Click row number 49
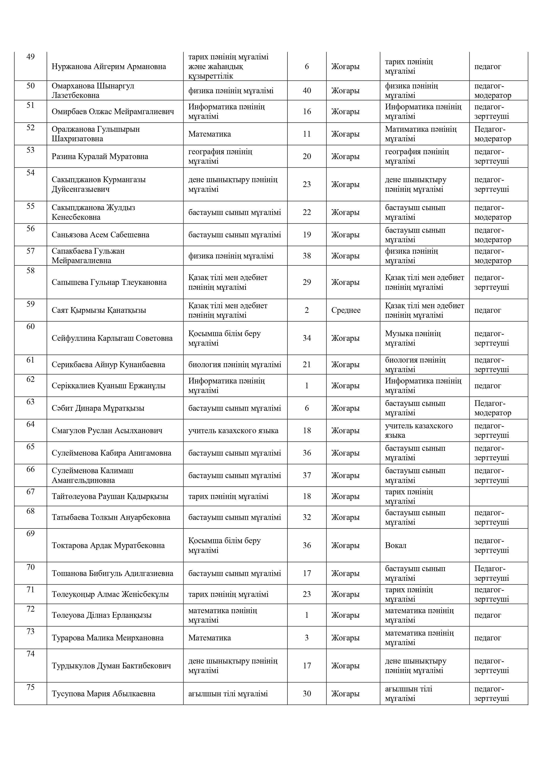click(30, 57)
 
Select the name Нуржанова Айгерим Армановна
click(109, 67)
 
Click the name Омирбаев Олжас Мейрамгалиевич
click(113, 112)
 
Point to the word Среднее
click(346, 310)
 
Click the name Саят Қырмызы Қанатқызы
click(99, 310)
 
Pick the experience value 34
click(307, 338)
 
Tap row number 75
click(30, 687)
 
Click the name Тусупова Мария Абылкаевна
click(103, 694)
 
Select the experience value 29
click(307, 282)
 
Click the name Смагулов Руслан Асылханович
click(107, 431)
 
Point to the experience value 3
click(307, 638)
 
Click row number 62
click(30, 380)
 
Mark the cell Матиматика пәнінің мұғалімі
click(421, 134)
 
